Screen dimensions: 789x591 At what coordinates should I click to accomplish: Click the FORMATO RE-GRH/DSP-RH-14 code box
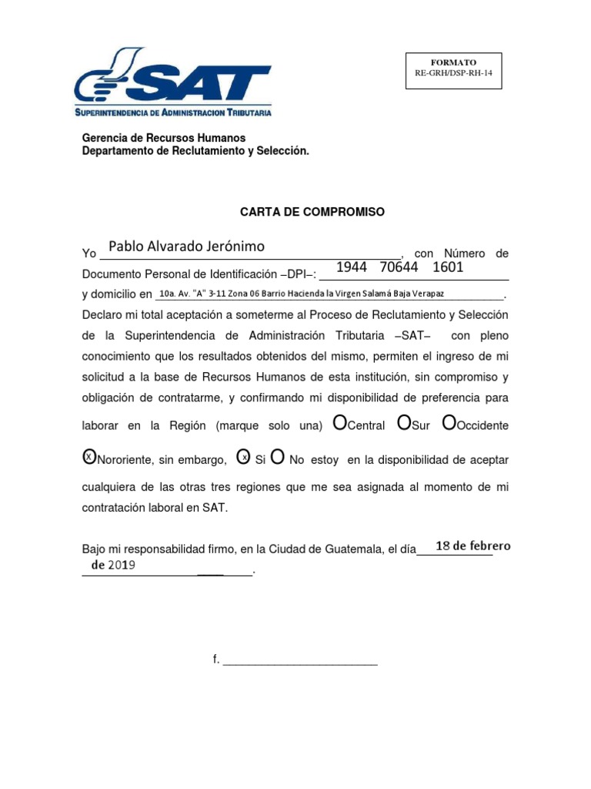453,70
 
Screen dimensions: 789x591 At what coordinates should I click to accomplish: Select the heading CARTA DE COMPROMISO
312,212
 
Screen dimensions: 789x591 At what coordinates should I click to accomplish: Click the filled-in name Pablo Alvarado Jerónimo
186,247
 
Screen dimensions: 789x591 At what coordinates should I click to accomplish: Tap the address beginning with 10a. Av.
300,294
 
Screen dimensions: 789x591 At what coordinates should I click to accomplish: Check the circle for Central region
339,423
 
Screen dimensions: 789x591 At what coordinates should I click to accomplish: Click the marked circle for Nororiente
89,457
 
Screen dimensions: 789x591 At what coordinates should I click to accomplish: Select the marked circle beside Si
243,457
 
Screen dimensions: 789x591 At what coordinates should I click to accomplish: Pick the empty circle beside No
279,457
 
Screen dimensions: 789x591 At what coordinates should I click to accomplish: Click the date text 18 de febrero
472,546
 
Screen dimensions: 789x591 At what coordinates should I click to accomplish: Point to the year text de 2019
113,565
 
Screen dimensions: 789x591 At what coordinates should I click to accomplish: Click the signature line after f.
300,660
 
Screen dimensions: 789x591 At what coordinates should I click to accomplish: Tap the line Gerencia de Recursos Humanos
164,138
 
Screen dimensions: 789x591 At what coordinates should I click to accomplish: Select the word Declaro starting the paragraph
102,315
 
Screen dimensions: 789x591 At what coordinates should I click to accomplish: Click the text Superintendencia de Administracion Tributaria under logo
172,112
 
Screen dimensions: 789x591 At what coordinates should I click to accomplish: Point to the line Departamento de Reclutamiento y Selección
195,152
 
